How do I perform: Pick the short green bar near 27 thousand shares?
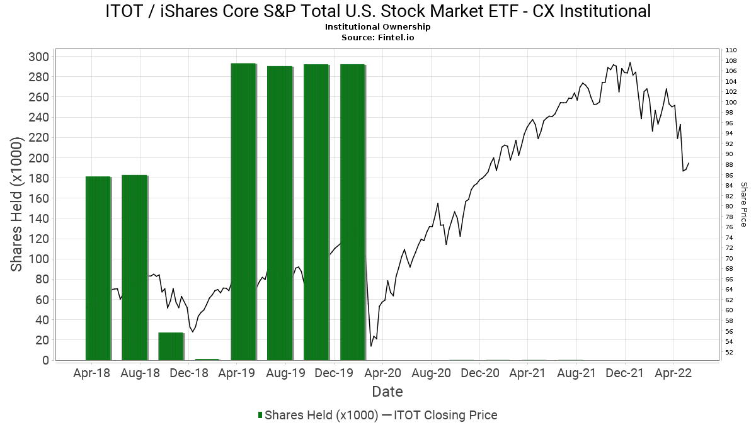[171, 346]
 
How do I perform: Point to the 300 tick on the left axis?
[40, 57]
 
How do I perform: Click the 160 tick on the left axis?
[40, 198]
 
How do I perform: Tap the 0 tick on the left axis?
[45, 360]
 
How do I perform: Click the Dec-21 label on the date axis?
[625, 373]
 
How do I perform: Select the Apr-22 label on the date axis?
[673, 373]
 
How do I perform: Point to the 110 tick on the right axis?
[731, 50]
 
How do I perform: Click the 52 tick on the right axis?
[729, 352]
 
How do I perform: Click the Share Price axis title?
[743, 205]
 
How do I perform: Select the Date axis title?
[387, 392]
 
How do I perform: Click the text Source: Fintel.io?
[378, 37]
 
